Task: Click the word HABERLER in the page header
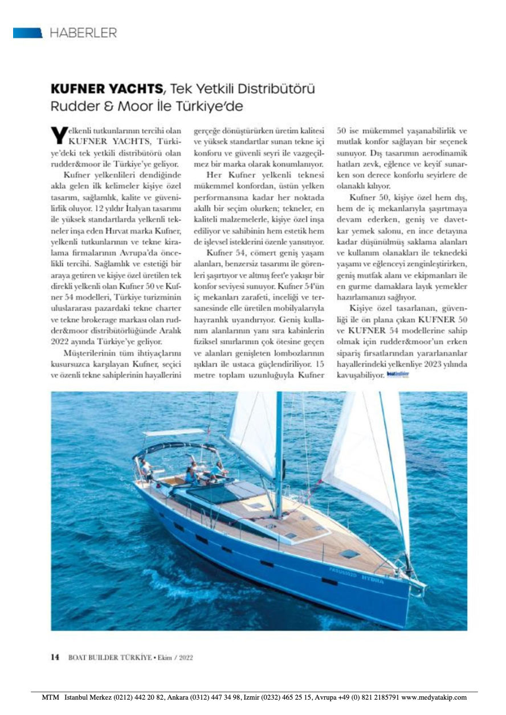[83, 32]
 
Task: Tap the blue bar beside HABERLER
[27, 32]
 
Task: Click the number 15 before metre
[321, 363]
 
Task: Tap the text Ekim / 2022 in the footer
[174, 657]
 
